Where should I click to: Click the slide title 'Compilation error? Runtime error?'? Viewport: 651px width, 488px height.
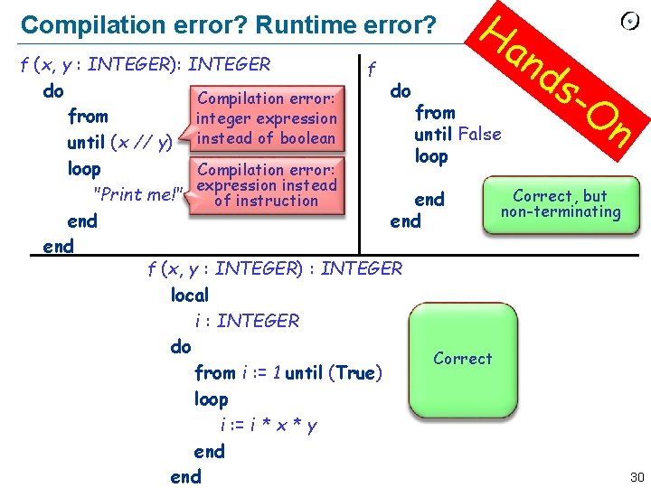228,24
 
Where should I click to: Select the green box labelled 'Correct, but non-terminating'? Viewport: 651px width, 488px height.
561,205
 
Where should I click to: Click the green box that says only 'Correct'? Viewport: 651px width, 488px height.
462,359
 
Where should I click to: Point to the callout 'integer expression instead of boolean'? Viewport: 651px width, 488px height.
266,118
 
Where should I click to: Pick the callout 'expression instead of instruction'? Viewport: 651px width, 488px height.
266,184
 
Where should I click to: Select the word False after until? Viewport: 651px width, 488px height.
479,134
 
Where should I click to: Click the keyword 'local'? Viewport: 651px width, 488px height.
190,295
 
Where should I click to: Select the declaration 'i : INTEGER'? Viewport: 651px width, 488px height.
246,321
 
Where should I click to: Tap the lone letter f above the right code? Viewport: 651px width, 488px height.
371,68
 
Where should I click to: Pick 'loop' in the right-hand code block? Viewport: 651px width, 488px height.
431,156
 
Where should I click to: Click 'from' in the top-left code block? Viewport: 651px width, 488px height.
88,117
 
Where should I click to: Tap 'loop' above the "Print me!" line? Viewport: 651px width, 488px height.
84,169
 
